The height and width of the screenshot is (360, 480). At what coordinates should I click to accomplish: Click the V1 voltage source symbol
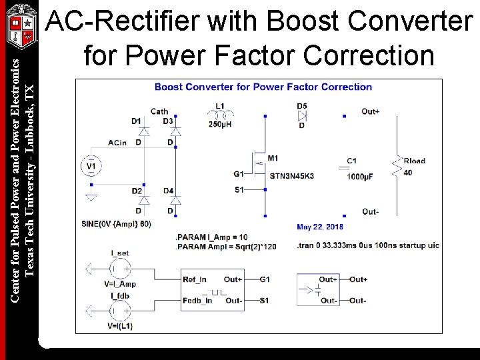tap(91, 165)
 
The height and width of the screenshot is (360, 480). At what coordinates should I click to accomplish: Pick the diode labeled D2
tap(143, 200)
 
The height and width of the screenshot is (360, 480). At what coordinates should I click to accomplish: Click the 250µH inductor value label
tap(221, 125)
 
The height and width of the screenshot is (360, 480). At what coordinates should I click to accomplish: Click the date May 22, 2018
tap(320, 227)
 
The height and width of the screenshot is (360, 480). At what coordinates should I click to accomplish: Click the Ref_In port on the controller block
tap(195, 279)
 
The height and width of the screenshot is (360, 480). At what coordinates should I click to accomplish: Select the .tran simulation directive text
tap(367, 245)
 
